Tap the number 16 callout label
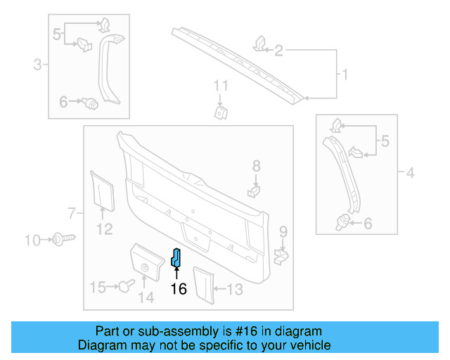179,288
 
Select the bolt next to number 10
60,240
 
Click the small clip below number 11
221,112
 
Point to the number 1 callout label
345,74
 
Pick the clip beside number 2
258,44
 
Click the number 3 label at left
37,65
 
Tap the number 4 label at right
411,172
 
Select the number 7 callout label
71,212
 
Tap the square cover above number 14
144,262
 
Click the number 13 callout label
235,288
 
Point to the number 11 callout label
221,86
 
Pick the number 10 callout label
33,240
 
